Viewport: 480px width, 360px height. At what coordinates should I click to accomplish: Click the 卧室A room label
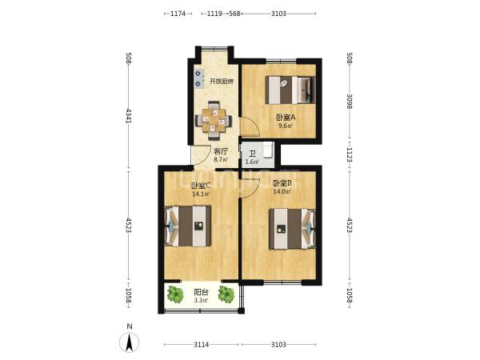tap(286, 118)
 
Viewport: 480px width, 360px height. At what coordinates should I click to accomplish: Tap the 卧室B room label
tap(282, 183)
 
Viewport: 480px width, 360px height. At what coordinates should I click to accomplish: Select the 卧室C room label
tap(201, 186)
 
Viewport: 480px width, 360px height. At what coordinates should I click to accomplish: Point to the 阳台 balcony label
tap(201, 292)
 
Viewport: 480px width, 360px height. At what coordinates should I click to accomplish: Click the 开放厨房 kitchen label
tap(222, 82)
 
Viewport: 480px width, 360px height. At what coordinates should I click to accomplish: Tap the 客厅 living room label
tap(221, 151)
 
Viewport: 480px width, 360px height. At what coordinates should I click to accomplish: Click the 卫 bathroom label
tap(253, 154)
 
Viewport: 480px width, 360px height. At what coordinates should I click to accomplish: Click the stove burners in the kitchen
tap(199, 78)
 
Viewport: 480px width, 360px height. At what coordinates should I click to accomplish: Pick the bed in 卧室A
tap(290, 90)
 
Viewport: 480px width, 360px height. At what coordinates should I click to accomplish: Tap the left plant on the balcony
tap(175, 294)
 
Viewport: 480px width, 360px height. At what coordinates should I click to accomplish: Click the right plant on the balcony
tap(226, 294)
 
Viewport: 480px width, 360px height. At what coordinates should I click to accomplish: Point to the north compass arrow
tap(130, 342)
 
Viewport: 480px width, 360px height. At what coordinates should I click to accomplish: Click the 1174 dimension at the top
tap(178, 14)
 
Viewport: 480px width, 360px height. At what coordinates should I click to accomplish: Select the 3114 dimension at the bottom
tap(201, 345)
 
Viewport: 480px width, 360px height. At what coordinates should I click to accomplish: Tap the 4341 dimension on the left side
tap(128, 115)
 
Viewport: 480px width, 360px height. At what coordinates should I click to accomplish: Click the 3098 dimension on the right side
tap(350, 101)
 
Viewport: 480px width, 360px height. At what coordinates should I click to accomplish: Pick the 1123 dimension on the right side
tap(350, 155)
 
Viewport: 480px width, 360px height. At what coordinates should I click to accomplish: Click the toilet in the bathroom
tap(268, 150)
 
